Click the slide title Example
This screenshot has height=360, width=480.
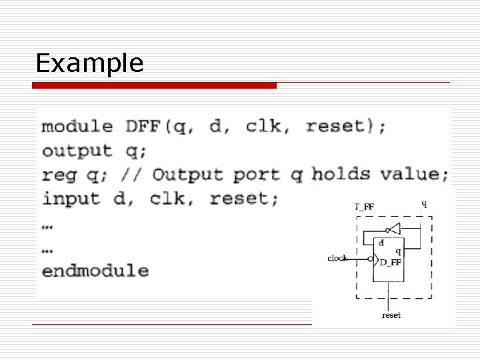pyautogui.click(x=89, y=63)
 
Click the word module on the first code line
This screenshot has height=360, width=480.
pyautogui.click(x=77, y=126)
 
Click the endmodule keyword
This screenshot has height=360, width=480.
pyautogui.click(x=95, y=271)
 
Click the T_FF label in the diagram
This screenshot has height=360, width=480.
pyautogui.click(x=363, y=207)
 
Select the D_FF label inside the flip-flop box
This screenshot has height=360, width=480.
pyautogui.click(x=390, y=263)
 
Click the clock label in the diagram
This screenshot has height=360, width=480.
pyautogui.click(x=337, y=258)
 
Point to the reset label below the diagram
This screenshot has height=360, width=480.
pyautogui.click(x=391, y=315)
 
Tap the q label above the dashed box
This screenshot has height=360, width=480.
pyautogui.click(x=424, y=204)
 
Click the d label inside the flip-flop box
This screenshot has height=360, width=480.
pyautogui.click(x=381, y=243)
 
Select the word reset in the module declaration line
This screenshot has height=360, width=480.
pyautogui.click(x=334, y=126)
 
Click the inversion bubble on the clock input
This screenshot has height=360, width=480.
pyautogui.click(x=371, y=259)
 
